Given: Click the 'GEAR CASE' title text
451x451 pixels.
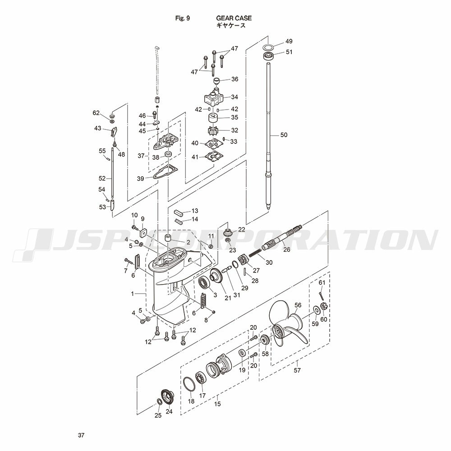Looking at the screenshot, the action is [x=234, y=18].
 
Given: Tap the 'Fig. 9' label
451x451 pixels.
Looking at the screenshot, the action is [x=183, y=18].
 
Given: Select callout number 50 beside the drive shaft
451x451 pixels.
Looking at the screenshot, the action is [x=284, y=135].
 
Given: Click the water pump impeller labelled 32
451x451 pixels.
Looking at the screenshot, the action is [x=213, y=131].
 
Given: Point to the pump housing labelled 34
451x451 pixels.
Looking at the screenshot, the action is [x=214, y=98].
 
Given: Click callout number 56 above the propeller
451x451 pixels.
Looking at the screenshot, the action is [x=298, y=305].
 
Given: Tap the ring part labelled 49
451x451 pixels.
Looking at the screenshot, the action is [x=268, y=47].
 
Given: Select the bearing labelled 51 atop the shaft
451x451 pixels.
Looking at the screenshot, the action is [x=268, y=56].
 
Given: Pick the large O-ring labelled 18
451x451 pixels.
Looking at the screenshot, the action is [x=189, y=384].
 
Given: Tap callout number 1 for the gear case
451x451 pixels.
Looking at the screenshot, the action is [x=133, y=294].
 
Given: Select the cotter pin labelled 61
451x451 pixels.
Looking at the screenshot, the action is [x=322, y=296].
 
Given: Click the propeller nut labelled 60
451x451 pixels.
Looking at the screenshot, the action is [x=323, y=307].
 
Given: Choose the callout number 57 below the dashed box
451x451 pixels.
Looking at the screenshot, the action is [x=297, y=370].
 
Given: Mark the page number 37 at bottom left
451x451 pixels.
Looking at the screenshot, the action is [x=81, y=435].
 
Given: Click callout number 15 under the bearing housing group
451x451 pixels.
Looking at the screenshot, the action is [x=217, y=404].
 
